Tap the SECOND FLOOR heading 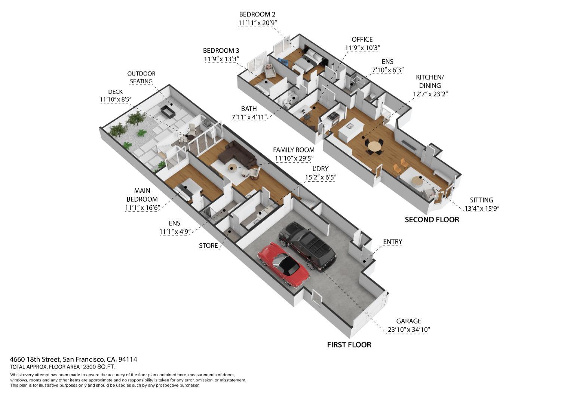click(432, 220)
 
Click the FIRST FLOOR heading click(349, 345)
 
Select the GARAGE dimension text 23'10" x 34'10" click(409, 330)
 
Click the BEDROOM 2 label click(257, 14)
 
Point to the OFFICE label click(362, 39)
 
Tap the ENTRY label click(392, 242)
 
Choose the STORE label click(208, 246)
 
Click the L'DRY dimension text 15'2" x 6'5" click(320, 177)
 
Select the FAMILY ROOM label click(294, 150)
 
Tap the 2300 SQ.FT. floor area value click(99, 367)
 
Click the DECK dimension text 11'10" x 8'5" click(116, 99)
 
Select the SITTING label click(481, 200)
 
